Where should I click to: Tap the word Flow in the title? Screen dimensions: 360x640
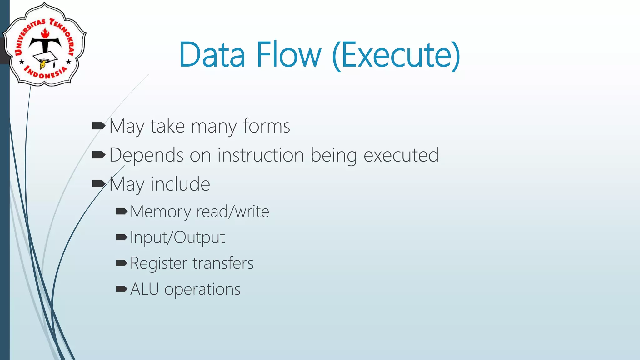pyautogui.click(x=289, y=55)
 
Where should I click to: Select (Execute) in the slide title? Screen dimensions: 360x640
pyautogui.click(x=396, y=56)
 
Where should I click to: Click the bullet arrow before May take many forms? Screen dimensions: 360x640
pyautogui.click(x=99, y=126)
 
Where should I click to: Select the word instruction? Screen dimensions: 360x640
pyautogui.click(x=261, y=155)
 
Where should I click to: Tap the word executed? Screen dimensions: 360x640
pyautogui.click(x=401, y=155)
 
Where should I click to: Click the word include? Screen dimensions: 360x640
pyautogui.click(x=180, y=184)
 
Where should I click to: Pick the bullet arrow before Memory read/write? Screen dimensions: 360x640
pyautogui.click(x=121, y=212)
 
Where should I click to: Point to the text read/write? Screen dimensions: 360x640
pyautogui.click(x=232, y=212)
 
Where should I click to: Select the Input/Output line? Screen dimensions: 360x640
pyautogui.click(x=177, y=237)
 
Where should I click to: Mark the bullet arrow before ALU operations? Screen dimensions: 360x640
pyautogui.click(x=121, y=289)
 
